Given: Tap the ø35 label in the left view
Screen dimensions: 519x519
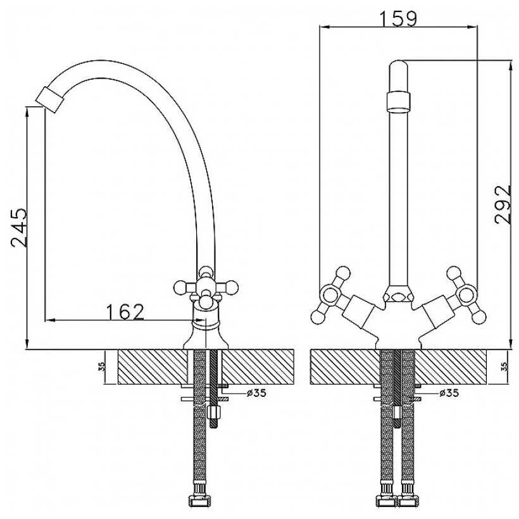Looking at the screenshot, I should [x=256, y=393].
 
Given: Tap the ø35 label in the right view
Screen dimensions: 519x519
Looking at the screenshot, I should [x=448, y=393].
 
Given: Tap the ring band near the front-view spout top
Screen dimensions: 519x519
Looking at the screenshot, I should [x=398, y=99].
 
